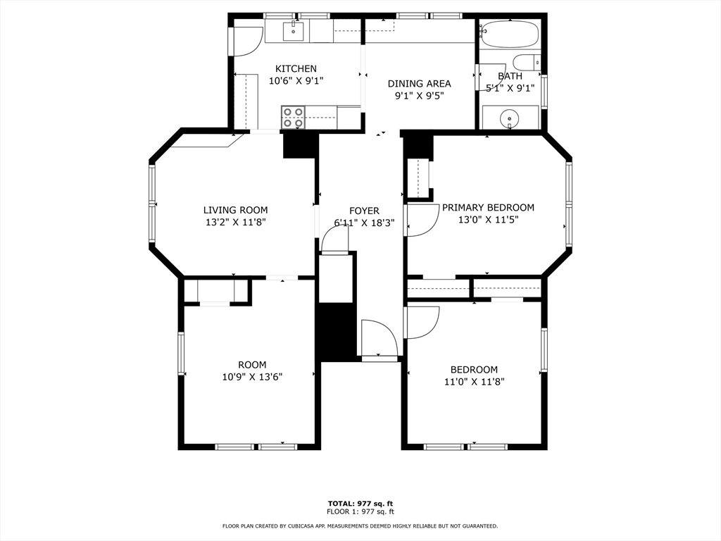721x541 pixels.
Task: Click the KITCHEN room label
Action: click(296, 68)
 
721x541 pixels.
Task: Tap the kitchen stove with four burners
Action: click(293, 117)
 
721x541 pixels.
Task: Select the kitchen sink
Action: click(294, 30)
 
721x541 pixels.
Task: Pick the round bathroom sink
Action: click(510, 119)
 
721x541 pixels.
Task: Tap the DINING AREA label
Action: click(420, 83)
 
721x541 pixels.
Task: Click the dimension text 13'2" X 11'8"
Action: click(235, 222)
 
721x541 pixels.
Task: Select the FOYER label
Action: click(364, 211)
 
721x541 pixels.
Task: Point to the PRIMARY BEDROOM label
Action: click(488, 207)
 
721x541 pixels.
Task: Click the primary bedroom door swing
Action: click(420, 220)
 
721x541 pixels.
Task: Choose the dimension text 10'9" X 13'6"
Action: click(252, 376)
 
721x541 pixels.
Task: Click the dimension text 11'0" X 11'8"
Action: click(474, 381)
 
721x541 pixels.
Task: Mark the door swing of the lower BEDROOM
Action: click(421, 321)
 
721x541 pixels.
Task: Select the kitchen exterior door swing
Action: click(246, 41)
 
